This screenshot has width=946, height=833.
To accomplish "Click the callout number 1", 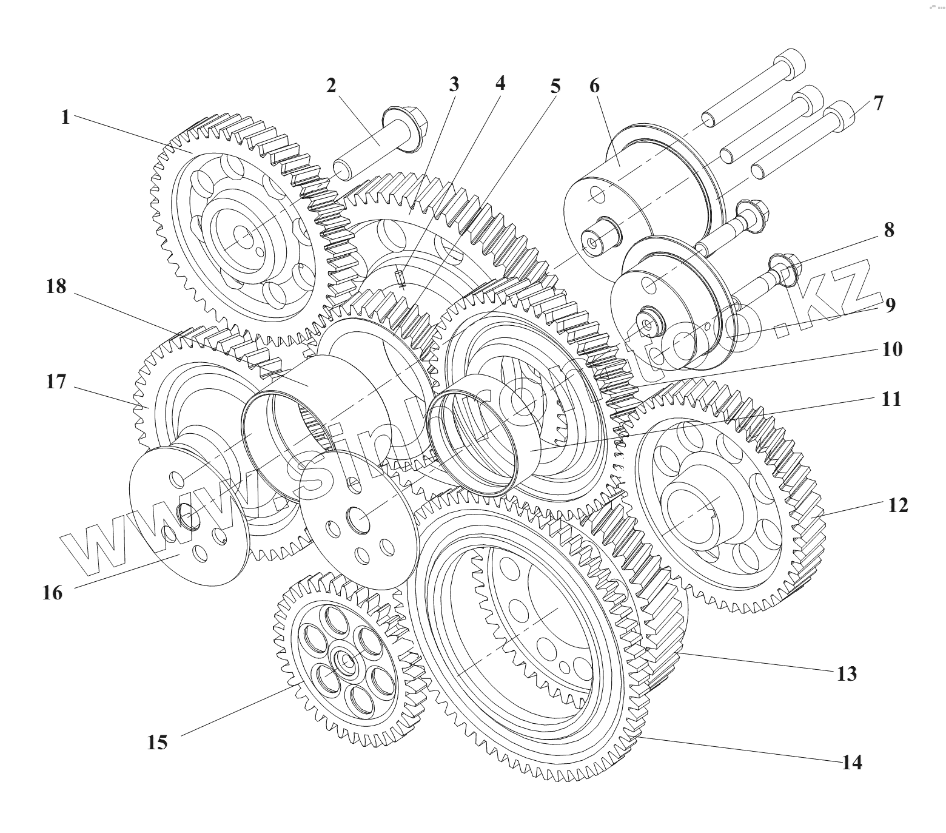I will click(x=65, y=116).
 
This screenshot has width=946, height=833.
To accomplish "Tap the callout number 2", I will click(x=330, y=86).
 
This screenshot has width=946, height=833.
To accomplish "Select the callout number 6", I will click(x=594, y=86).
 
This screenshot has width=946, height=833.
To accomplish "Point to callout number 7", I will click(x=879, y=103).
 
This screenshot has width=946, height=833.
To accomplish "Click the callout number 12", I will click(x=898, y=505).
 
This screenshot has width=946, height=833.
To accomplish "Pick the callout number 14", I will click(x=852, y=762).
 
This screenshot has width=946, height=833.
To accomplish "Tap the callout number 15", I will click(x=157, y=742).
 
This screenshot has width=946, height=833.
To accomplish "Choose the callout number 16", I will click(x=53, y=592).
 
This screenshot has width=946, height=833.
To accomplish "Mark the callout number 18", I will click(x=56, y=286).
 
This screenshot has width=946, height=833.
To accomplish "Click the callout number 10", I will click(x=892, y=349).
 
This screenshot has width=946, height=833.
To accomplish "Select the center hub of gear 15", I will click(x=344, y=660).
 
